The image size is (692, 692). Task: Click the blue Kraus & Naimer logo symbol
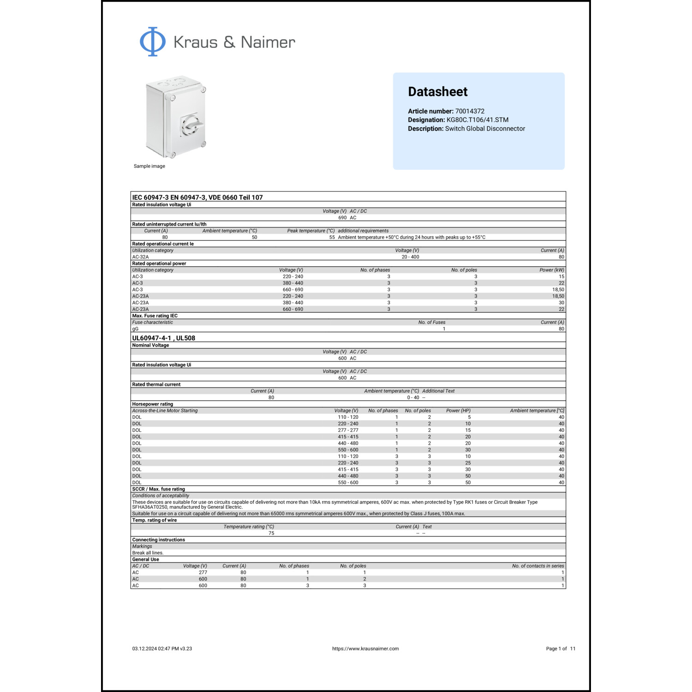click(153, 42)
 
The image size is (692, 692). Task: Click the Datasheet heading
click(437, 92)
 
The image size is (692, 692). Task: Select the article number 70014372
click(470, 111)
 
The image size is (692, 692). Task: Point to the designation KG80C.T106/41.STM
click(477, 120)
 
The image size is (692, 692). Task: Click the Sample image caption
click(149, 166)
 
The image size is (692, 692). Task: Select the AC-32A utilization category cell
click(140, 257)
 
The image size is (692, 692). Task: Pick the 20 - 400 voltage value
click(410, 257)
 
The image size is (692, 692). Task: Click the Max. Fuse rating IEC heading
click(155, 316)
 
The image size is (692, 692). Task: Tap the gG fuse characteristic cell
click(135, 329)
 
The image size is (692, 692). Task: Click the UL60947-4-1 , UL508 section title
click(163, 338)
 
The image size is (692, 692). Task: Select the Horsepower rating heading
click(152, 404)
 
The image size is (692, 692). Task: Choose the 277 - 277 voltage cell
click(348, 430)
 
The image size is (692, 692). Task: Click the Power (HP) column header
click(458, 411)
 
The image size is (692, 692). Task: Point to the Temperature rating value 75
click(271, 533)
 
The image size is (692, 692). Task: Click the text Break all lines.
click(148, 553)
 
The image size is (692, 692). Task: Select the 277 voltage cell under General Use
click(203, 573)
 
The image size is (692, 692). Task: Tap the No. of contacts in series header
click(538, 566)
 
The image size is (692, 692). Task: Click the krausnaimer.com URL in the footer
click(365, 649)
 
